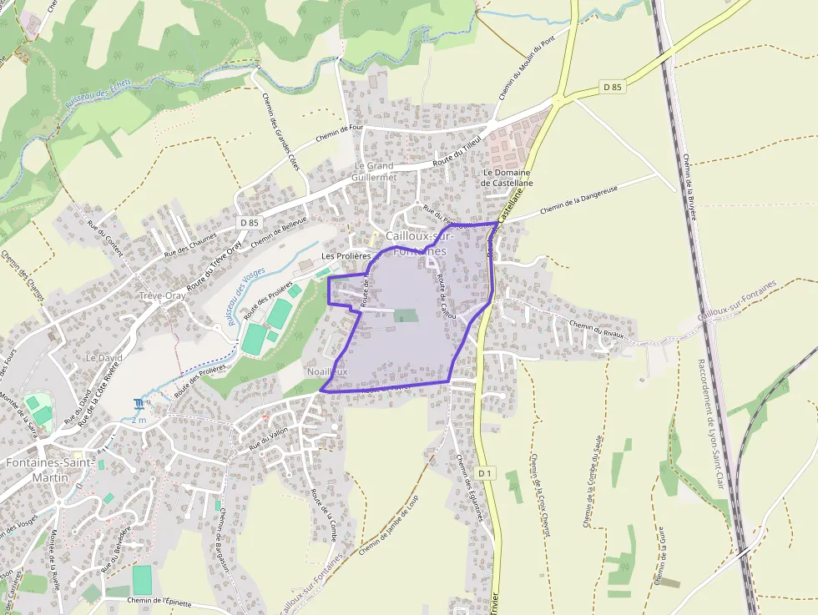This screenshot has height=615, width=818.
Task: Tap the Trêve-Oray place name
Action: tap(163, 295)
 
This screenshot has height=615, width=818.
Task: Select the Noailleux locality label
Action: tap(327, 371)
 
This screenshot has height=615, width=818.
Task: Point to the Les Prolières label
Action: tap(346, 255)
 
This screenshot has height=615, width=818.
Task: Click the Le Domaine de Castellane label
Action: tap(507, 177)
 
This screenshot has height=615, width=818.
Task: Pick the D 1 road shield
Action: tap(486, 473)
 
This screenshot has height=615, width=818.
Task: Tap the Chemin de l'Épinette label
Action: tap(160, 600)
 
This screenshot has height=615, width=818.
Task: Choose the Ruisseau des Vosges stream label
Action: tap(245, 295)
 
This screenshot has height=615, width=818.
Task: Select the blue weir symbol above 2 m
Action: tap(138, 405)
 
